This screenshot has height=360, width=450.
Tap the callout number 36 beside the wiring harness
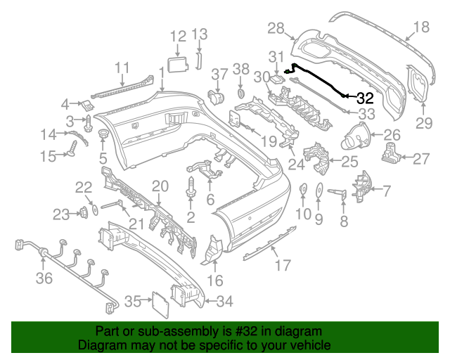pos(44,278)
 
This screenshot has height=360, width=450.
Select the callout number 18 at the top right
pos(420,27)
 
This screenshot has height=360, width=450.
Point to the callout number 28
pos(276,27)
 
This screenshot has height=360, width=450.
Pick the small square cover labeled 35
pos(160,304)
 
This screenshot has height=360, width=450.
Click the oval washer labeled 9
pos(318,189)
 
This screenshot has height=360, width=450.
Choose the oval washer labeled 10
pos(303,188)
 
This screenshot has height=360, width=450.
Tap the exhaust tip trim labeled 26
pos(357,136)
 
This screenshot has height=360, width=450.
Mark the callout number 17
pos(282,266)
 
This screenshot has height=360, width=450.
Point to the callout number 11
pos(122,68)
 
